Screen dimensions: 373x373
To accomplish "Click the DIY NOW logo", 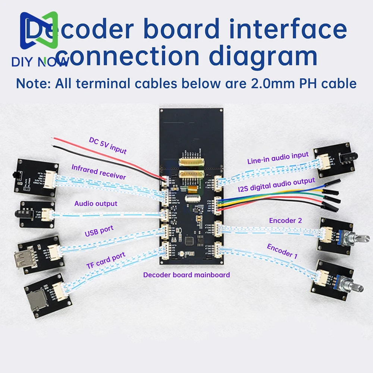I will tap(39, 39).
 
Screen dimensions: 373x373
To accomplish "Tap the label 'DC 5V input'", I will tap(108, 145).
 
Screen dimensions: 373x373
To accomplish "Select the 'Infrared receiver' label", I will tap(99, 172).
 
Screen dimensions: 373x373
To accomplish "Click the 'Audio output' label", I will tap(96, 204).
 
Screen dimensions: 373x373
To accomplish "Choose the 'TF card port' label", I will tap(106, 260).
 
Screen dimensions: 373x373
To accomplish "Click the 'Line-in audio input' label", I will tap(278, 158).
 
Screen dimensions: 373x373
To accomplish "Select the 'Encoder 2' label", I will tap(285, 220).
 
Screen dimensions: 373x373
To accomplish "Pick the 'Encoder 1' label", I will tap(282, 251).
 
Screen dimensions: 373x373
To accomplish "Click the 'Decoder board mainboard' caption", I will tap(186, 275).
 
